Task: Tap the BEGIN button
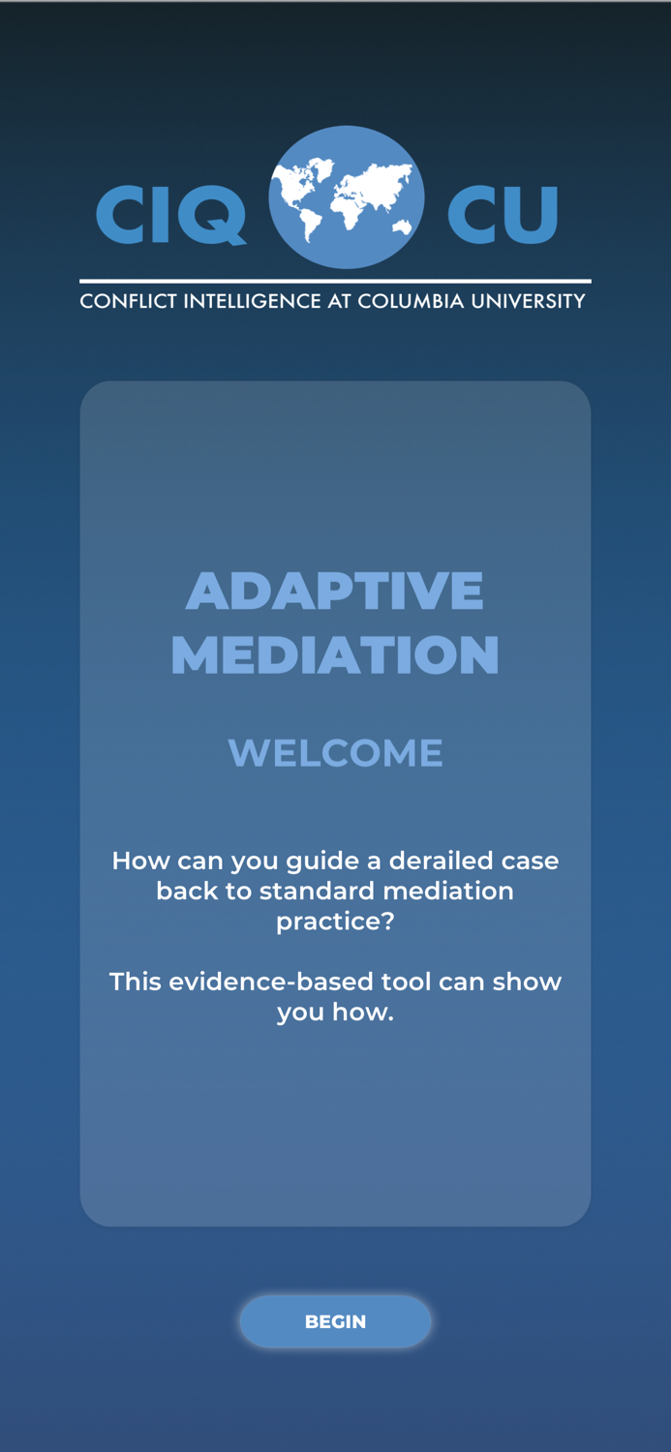tap(335, 1321)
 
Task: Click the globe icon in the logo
tap(346, 197)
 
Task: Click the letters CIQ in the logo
tap(170, 215)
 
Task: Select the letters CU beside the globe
tap(503, 215)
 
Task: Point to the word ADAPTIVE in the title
tap(335, 590)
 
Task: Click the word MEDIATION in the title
tap(335, 655)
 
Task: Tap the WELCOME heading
tap(335, 753)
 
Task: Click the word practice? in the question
tap(335, 921)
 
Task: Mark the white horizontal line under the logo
tap(335, 282)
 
